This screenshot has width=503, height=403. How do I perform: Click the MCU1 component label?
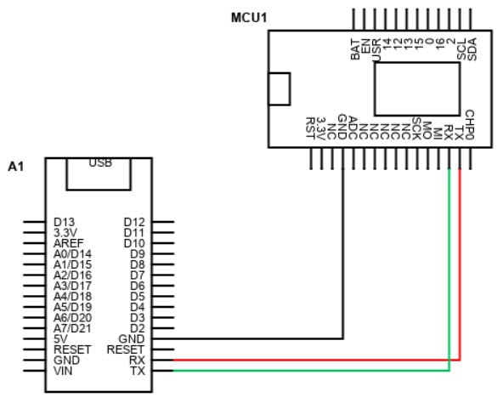[249, 18]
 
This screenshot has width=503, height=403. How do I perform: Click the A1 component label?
[15, 167]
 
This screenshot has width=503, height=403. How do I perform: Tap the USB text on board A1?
[100, 162]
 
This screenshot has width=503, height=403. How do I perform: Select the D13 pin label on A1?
[65, 222]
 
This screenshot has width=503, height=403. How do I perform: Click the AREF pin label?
[68, 243]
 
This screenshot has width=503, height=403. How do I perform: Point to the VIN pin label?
[63, 371]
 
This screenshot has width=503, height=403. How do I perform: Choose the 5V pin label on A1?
[60, 338]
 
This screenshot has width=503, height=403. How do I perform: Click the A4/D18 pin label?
[72, 297]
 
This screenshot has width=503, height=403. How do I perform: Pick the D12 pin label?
[134, 222]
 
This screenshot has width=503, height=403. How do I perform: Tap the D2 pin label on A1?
[138, 328]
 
